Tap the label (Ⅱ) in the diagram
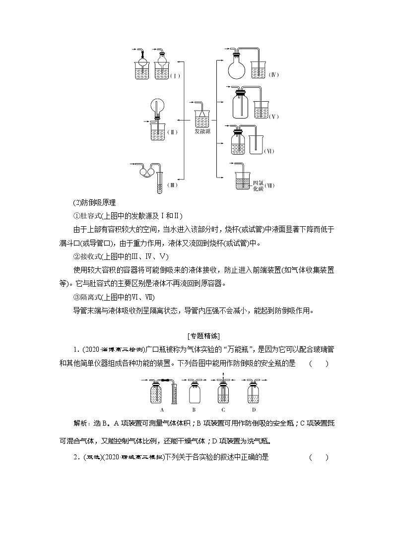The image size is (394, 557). tap(172, 132)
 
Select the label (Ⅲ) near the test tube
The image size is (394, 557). tap(172, 185)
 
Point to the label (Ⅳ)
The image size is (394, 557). tap(274, 75)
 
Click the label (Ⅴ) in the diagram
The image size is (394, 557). tap(274, 117)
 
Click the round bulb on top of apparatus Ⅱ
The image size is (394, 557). tap(157, 106)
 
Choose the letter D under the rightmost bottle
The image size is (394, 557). tap(254, 410)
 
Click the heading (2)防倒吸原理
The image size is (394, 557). tap(94, 202)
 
